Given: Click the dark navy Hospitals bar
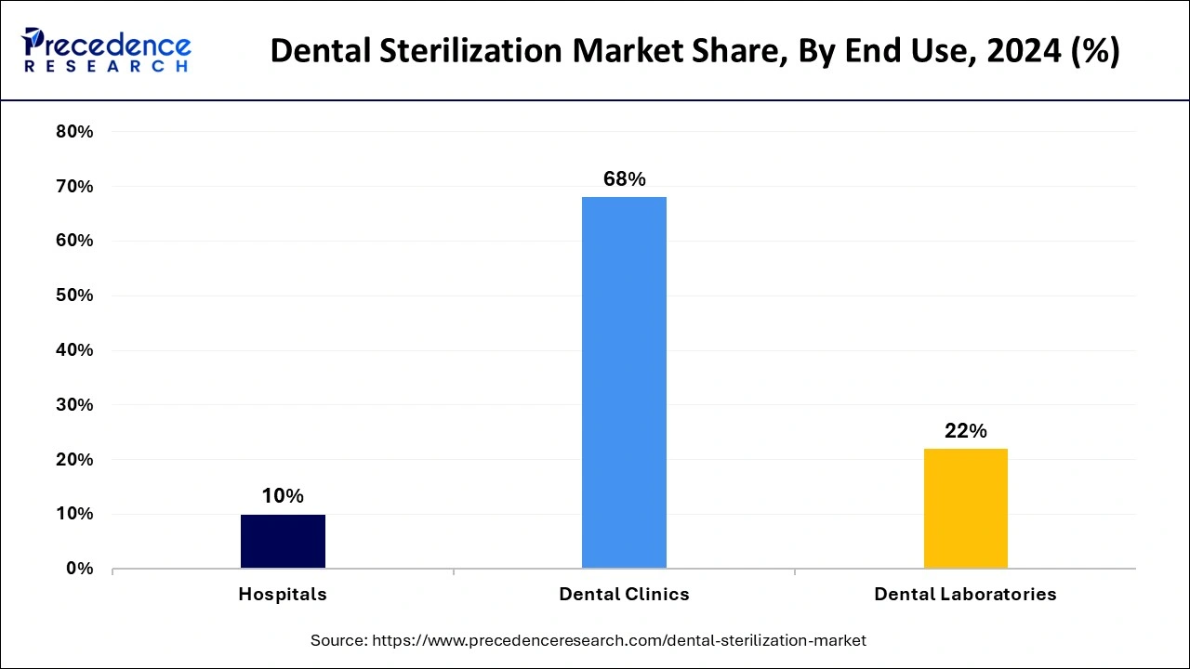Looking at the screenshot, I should (x=283, y=541).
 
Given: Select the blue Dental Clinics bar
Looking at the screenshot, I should (x=624, y=382).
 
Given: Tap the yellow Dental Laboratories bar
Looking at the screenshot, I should (x=965, y=508).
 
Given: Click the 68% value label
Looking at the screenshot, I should (x=624, y=179).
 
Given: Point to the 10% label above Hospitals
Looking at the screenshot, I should (x=283, y=496).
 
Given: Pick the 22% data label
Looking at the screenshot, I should (x=965, y=431).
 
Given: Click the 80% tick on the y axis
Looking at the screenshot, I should (x=74, y=132).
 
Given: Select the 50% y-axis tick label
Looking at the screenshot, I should (x=74, y=295).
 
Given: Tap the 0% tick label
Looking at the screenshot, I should (x=79, y=569).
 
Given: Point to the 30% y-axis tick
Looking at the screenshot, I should (x=74, y=405).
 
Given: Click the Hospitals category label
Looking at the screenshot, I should (x=283, y=595).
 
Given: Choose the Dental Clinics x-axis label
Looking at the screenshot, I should (x=624, y=595).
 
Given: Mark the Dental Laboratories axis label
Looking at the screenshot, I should (x=965, y=595).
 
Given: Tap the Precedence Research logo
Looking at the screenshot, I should (x=106, y=50).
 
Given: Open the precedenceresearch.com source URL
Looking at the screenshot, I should (x=619, y=640).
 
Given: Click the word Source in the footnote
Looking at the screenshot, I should (x=338, y=640).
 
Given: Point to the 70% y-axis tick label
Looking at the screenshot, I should (x=74, y=187).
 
